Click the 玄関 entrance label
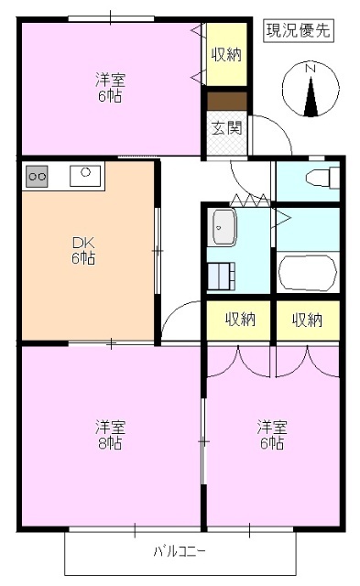tap(226, 128)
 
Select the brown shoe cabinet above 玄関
tap(225, 102)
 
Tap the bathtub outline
tap(307, 273)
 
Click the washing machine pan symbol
tap(222, 275)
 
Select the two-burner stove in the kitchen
tap(38, 175)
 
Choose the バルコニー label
tap(179, 552)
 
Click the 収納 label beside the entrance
tap(226, 54)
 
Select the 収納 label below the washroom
tap(240, 320)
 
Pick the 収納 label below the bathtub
tap(307, 320)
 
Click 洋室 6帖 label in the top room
tap(110, 87)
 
